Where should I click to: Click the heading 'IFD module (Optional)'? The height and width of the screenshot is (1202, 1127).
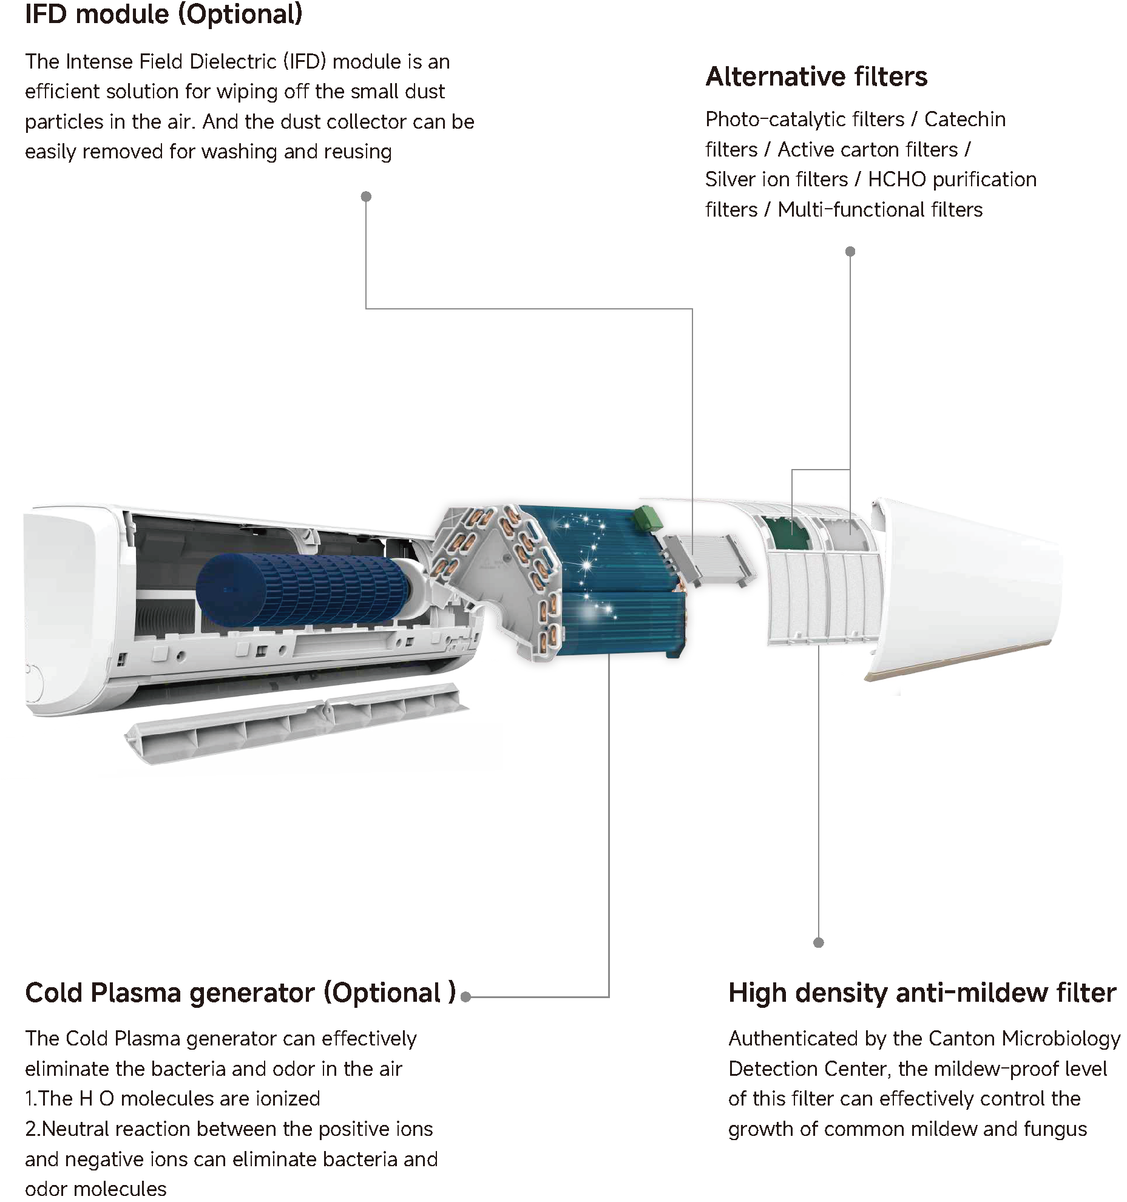pos(163,15)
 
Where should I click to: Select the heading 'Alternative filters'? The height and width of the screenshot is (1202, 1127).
pos(816,77)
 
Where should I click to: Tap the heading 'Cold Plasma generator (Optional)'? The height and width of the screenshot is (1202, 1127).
pos(240,993)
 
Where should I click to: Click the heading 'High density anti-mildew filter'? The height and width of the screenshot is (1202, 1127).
pos(922,993)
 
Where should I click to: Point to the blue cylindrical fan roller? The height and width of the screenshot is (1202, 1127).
pos(303,590)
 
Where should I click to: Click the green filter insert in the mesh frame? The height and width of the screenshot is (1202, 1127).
pos(787,533)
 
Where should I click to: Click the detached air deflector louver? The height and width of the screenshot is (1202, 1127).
pos(297,722)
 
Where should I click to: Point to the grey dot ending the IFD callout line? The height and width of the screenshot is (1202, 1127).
pos(366,197)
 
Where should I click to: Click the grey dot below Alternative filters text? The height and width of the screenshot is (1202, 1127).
pos(850,251)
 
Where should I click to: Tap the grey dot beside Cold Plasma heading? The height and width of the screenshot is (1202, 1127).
pos(465,997)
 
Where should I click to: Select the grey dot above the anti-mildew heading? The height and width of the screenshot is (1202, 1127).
pos(818,942)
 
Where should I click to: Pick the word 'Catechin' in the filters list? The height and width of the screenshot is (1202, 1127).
pos(964,120)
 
